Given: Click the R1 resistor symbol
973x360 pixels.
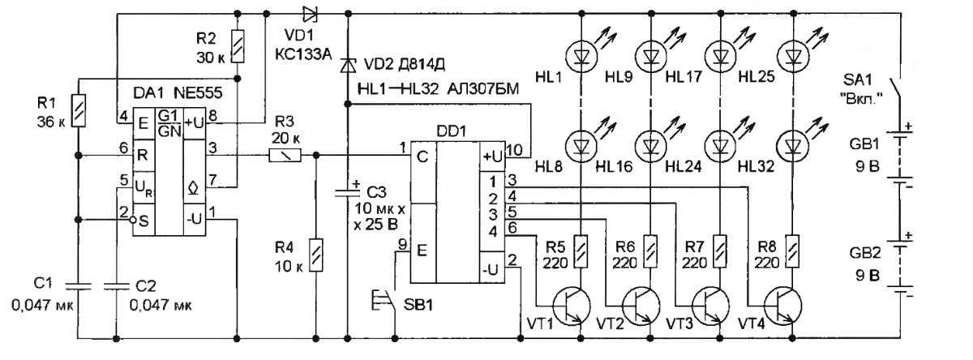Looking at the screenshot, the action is click(x=78, y=111).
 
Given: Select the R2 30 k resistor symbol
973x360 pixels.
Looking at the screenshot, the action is click(x=237, y=46).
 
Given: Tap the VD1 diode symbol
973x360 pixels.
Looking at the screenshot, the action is click(x=310, y=15).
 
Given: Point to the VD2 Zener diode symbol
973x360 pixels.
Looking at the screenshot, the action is click(x=348, y=65).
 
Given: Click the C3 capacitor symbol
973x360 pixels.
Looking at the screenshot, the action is click(x=348, y=192).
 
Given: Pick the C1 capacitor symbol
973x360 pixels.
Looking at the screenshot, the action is click(x=78, y=285).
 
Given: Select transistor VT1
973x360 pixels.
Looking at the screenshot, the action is click(x=572, y=306).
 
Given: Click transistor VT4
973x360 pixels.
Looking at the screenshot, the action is click(x=783, y=306).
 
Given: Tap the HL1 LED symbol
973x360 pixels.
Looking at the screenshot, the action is click(x=582, y=55).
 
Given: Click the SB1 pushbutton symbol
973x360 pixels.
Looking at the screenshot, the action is click(x=384, y=299).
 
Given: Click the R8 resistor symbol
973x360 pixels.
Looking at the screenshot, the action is click(x=793, y=251).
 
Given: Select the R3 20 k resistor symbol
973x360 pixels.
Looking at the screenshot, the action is click(x=285, y=155).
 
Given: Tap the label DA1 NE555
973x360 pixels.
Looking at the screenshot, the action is click(x=178, y=93).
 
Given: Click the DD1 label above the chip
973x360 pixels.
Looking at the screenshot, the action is click(x=452, y=131).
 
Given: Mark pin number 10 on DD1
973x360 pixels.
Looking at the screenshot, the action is click(x=514, y=150).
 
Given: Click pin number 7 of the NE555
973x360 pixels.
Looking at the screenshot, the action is click(x=212, y=180).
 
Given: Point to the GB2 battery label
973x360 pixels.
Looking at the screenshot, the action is click(x=865, y=253).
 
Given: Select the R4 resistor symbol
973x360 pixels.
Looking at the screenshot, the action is click(x=315, y=255).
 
